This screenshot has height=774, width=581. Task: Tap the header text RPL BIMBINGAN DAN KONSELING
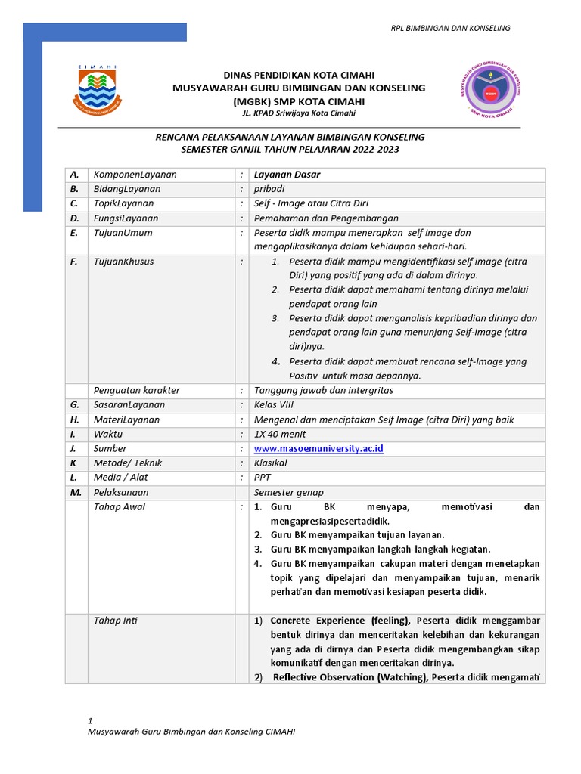pyautogui.click(x=450, y=28)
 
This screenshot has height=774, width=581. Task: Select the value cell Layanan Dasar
pyautogui.click(x=287, y=175)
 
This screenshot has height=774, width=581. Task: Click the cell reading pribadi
pyautogui.click(x=269, y=190)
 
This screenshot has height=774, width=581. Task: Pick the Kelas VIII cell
pyautogui.click(x=273, y=405)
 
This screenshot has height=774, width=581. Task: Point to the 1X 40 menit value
pyautogui.click(x=281, y=435)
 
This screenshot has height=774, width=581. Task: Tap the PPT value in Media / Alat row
pyautogui.click(x=263, y=478)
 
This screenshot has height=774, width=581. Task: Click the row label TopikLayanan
pyautogui.click(x=123, y=204)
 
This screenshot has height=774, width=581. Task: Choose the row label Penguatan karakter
pyautogui.click(x=136, y=391)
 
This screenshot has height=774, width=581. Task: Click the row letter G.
pyautogui.click(x=74, y=405)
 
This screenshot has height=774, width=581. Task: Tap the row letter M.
pyautogui.click(x=75, y=492)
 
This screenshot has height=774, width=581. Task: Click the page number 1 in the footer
pyautogui.click(x=90, y=721)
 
